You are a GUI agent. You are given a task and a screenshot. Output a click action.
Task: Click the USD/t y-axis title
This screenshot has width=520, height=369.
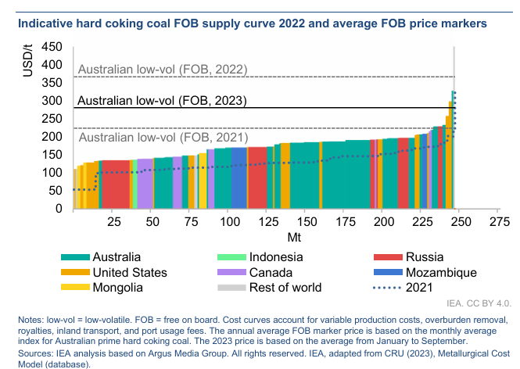pos(29,61)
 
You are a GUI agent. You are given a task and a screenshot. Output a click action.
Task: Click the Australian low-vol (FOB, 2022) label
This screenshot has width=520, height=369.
pos(163,70)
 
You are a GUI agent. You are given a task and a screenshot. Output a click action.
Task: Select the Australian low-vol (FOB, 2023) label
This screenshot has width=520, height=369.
pos(163,101)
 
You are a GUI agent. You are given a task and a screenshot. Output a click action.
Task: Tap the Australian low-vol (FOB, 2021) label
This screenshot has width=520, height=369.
pos(163,138)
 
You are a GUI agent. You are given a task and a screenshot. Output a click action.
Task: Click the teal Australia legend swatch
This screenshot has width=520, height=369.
pos(74,257)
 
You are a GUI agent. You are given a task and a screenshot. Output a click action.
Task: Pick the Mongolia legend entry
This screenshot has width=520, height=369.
pos(117,287)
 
